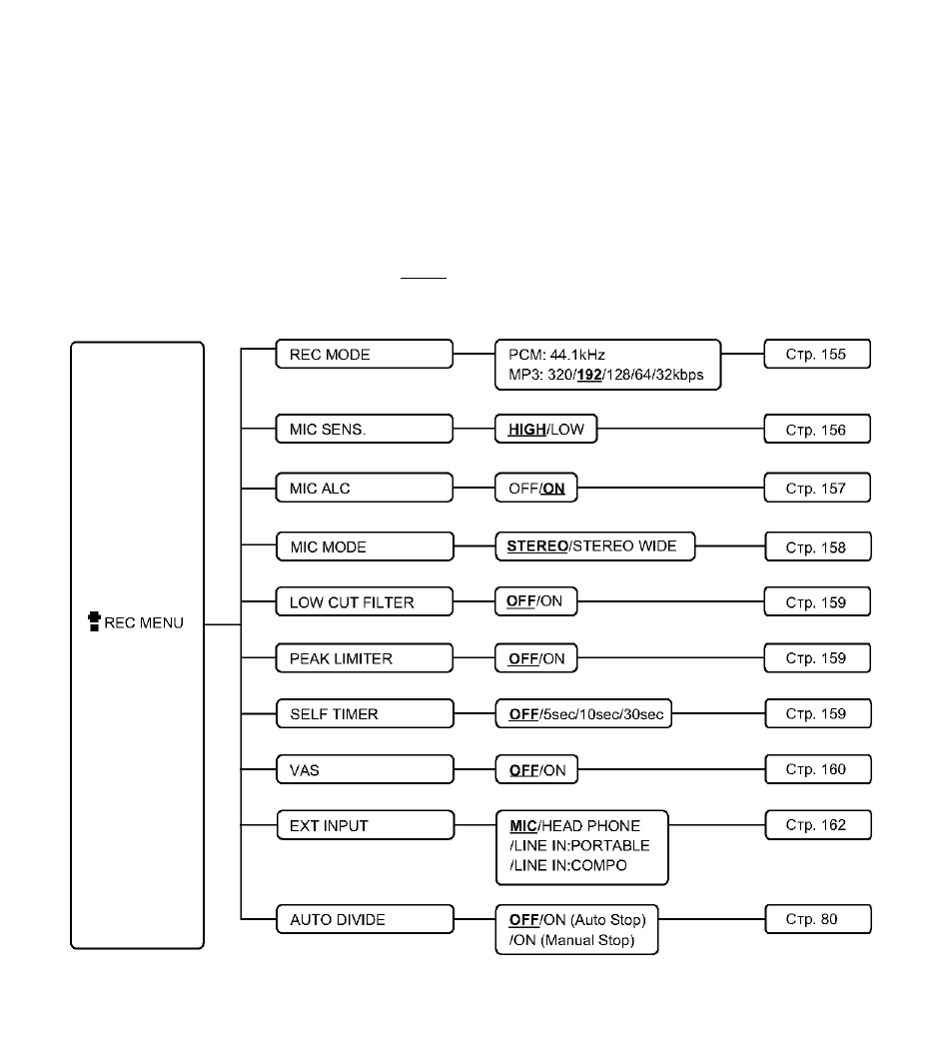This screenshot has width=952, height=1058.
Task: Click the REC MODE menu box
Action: [365, 355]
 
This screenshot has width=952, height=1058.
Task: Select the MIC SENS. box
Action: [365, 430]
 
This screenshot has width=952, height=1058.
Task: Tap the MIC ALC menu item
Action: [365, 488]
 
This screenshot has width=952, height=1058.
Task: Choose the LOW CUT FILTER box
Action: [365, 601]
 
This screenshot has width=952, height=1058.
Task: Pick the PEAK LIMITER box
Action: [365, 657]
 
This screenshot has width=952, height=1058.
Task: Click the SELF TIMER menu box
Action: [365, 714]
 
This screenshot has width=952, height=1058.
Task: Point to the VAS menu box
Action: [365, 769]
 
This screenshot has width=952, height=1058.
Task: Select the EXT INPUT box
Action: [366, 825]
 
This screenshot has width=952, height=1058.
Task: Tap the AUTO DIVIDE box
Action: [365, 919]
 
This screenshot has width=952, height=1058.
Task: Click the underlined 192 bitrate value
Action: [589, 376]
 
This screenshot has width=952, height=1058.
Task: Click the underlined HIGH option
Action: [526, 430]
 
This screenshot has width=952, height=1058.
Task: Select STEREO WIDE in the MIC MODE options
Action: [624, 545]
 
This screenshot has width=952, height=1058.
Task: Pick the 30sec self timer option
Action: [643, 714]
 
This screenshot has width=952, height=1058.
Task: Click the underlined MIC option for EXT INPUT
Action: [523, 826]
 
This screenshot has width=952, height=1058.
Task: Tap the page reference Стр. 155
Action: [817, 355]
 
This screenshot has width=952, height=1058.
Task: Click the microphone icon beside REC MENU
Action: [95, 621]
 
